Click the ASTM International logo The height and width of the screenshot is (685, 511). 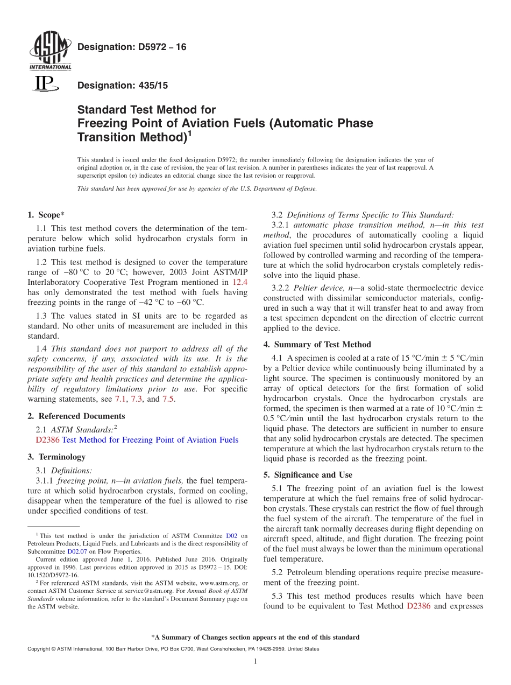(49, 52)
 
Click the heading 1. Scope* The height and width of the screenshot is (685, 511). (46, 215)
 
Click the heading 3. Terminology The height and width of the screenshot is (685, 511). (56, 457)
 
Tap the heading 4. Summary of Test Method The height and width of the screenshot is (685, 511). (317, 345)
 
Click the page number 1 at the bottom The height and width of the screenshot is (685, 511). (256, 662)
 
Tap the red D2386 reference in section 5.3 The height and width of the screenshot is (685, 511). (420, 606)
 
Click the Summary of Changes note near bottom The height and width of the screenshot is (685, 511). (255, 637)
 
